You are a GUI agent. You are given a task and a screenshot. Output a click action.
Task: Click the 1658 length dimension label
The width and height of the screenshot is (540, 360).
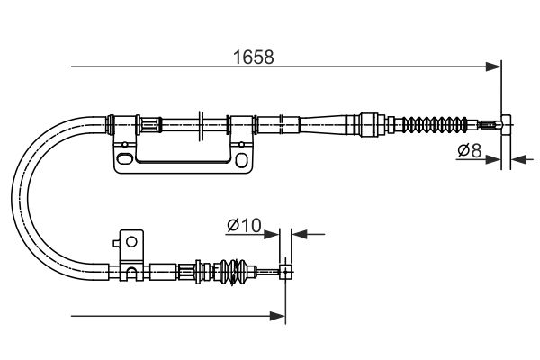coord(254,57)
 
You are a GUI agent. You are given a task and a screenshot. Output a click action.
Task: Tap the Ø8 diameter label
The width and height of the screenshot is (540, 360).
coord(470,150)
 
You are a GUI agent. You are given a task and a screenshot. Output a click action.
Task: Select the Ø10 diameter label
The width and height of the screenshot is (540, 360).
coord(244,226)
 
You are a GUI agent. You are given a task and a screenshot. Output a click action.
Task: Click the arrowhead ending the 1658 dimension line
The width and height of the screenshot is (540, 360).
coord(493,67)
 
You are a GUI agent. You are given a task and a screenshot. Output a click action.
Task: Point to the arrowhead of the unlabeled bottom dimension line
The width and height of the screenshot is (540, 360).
coord(277,316)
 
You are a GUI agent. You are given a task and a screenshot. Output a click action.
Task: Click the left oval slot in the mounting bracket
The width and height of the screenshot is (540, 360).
coord(124,158)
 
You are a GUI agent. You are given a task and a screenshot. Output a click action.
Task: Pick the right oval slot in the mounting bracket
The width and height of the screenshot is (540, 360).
coord(241,160)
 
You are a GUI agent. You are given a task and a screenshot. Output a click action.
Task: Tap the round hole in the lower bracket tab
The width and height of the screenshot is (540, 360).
coord(131,242)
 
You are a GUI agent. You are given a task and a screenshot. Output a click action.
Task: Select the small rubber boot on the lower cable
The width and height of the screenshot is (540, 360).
coord(234,272)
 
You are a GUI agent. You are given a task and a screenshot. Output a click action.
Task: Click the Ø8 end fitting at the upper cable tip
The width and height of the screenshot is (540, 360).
coord(506,125)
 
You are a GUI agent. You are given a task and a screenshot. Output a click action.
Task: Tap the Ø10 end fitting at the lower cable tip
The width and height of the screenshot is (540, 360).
coord(285,272)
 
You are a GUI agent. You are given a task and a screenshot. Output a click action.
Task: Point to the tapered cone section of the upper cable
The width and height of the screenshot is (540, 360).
coord(323,124)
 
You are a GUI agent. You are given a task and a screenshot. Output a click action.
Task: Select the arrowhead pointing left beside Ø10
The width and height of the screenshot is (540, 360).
coord(300,234)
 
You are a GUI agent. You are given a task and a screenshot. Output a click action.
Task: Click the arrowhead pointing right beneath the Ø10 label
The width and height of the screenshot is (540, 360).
coord(272,235)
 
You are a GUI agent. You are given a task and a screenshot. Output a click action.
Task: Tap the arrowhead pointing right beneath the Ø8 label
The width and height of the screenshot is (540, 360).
coord(493,159)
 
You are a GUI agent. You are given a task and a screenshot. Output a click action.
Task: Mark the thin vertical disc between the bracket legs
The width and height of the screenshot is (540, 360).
coord(201,126)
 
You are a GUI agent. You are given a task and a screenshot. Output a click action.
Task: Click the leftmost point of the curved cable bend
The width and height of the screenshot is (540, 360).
coord(13,198)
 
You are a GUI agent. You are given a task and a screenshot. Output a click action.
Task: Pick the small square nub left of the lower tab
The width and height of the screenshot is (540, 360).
coord(116,244)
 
